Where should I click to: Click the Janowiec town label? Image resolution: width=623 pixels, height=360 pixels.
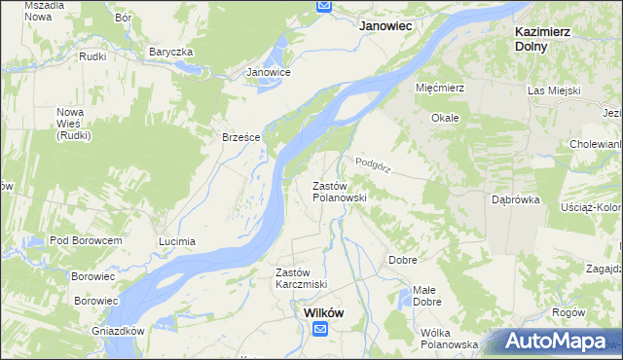coord(389,27)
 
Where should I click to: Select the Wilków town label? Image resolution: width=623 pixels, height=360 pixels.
coord(322,312)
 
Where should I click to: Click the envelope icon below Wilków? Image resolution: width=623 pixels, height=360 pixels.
coord(321,330)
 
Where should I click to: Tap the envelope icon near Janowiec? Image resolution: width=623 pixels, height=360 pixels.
coord(324,6)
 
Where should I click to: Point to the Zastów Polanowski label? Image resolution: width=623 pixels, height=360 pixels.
coord(338,191)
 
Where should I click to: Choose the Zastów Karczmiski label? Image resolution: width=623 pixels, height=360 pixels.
coord(301,277)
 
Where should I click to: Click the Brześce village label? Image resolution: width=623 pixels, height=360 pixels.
coord(240,137)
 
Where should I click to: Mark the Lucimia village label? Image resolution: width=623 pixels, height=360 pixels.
coord(177,240)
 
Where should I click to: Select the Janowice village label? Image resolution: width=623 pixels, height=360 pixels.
coord(269,72)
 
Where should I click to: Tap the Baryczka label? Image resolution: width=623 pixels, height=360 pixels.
coord(171,51)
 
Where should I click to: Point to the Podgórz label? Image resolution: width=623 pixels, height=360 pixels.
coord(373,164)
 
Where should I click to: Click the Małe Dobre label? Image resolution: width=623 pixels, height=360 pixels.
coord(425,296)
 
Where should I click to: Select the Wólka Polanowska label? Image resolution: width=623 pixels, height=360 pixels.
coord(449,339)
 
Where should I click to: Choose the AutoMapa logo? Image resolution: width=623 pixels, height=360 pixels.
coord(558,342)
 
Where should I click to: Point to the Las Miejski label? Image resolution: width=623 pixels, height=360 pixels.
coord(554,90)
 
